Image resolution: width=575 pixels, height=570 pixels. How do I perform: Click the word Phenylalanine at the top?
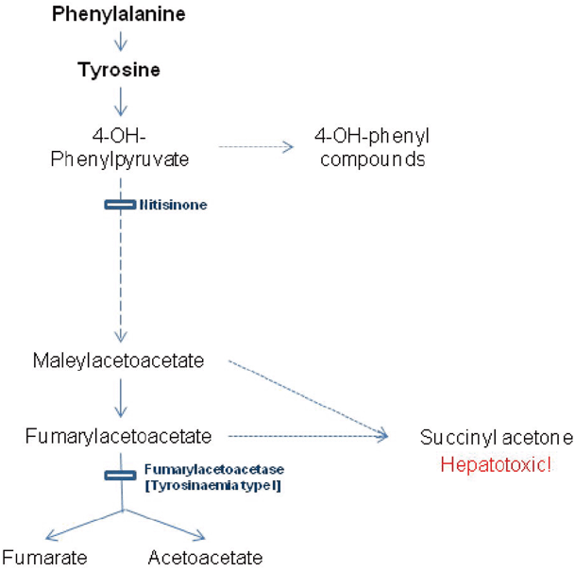[x=119, y=14]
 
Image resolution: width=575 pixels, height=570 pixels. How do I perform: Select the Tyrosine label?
[x=119, y=70]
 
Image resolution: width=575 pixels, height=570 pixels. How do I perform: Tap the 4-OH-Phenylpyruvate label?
[x=119, y=147]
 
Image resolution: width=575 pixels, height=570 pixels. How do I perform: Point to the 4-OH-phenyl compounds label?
[x=371, y=147]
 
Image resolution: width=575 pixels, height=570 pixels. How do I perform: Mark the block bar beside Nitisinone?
[x=119, y=203]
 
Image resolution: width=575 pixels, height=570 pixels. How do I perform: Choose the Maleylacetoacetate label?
[x=119, y=360]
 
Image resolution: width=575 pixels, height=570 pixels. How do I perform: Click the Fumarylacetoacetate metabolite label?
[x=119, y=436]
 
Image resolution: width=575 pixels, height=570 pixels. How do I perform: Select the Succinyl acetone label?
[x=496, y=438]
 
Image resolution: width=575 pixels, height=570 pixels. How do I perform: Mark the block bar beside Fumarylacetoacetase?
[x=119, y=475]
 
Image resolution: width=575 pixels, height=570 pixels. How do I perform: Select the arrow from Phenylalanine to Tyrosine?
[x=119, y=42]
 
